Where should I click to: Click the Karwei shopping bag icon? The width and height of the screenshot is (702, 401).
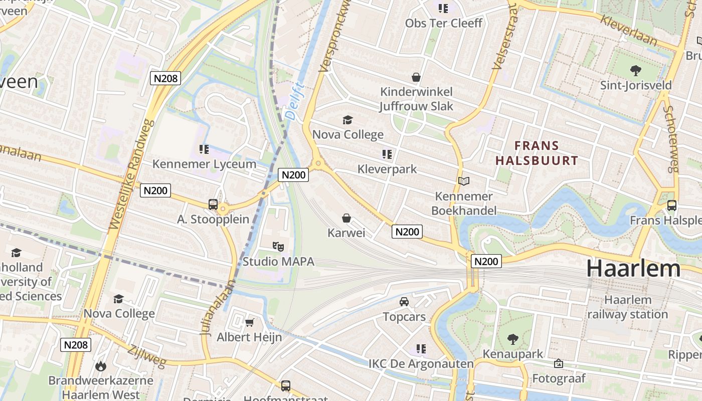(346, 218)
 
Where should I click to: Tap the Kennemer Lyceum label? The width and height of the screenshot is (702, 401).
(204, 164)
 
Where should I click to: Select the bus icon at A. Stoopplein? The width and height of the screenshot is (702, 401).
(213, 204)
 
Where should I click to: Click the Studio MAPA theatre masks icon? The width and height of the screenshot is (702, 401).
(278, 246)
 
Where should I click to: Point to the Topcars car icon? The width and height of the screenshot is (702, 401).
(404, 301)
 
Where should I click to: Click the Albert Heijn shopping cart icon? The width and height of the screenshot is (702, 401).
(249, 322)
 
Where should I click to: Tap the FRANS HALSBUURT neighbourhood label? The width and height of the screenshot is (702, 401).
(537, 153)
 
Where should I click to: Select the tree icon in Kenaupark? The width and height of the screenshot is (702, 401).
(512, 339)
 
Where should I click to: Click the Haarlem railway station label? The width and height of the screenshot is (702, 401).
(628, 307)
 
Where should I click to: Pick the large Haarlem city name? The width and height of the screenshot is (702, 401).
(633, 269)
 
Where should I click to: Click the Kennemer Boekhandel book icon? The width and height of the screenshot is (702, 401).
(464, 181)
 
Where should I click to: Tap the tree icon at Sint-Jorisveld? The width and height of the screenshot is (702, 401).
(636, 70)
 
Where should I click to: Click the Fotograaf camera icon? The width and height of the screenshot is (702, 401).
(559, 363)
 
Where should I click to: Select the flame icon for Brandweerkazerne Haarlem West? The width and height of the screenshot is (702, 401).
(100, 366)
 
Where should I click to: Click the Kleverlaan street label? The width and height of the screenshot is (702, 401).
(635, 30)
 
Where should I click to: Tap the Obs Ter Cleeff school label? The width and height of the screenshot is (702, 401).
(444, 23)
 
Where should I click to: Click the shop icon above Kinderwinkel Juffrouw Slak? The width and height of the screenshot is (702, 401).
(416, 77)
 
